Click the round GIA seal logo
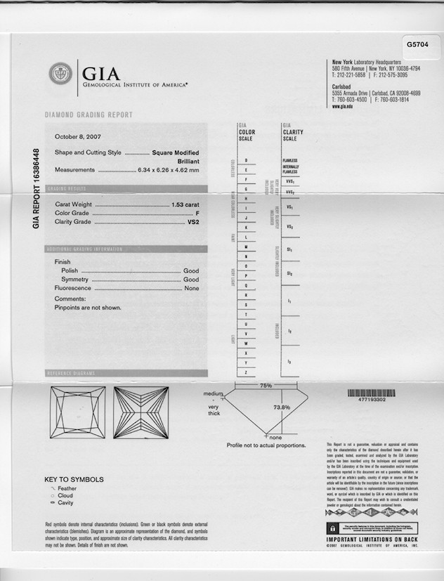(x=60, y=74)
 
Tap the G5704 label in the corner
(x=417, y=44)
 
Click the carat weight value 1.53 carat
(x=185, y=204)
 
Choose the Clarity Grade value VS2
(x=193, y=222)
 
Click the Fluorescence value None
(x=191, y=288)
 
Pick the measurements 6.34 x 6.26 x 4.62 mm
(x=169, y=170)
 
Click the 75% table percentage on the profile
(x=266, y=386)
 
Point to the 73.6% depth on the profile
(x=281, y=407)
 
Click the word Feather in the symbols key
(x=68, y=488)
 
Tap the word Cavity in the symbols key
(x=66, y=502)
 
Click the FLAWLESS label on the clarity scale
(x=290, y=160)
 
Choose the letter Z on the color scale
(x=246, y=371)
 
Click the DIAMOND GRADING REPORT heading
(x=89, y=115)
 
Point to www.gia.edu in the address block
(x=342, y=106)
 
